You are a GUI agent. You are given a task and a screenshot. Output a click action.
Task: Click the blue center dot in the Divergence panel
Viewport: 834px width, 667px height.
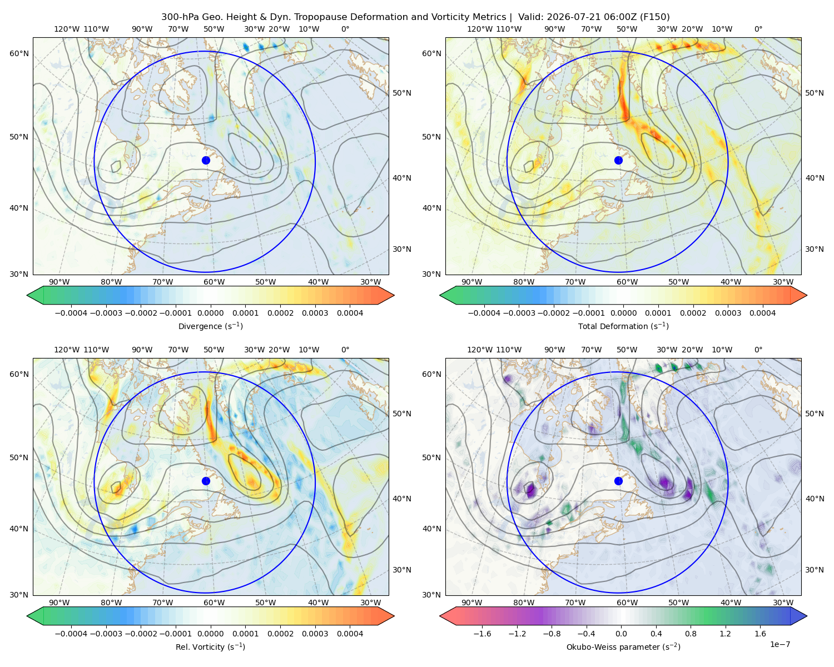(206, 161)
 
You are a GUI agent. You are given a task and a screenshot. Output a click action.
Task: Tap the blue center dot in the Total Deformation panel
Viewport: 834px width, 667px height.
(618, 161)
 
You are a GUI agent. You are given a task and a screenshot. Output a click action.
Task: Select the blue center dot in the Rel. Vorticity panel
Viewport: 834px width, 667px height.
(206, 481)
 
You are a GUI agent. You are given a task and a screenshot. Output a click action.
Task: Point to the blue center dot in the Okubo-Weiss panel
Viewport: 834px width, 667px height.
(618, 481)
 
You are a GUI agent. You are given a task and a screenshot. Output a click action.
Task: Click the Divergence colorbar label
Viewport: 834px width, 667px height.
(210, 326)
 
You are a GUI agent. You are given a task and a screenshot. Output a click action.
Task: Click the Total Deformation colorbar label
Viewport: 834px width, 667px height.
(623, 326)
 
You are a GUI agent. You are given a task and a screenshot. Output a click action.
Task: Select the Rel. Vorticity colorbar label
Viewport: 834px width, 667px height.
(210, 647)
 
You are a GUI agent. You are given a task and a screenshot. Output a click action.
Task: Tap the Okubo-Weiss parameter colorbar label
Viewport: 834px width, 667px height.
(623, 647)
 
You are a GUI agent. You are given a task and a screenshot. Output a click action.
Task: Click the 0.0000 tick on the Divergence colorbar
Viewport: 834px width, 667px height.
(210, 313)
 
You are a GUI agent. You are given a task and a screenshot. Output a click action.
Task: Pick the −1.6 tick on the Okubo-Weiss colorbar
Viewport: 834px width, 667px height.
(483, 634)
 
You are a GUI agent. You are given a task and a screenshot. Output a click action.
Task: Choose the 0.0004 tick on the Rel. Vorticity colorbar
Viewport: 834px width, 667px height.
(350, 634)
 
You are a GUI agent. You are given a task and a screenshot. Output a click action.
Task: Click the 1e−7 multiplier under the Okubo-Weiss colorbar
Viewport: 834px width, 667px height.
(780, 645)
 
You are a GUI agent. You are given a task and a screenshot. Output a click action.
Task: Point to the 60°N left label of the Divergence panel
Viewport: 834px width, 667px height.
(19, 53)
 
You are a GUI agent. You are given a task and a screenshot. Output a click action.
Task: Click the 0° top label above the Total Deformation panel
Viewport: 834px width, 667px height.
(758, 29)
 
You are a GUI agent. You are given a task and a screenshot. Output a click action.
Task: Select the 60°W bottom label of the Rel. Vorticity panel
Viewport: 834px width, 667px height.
(214, 603)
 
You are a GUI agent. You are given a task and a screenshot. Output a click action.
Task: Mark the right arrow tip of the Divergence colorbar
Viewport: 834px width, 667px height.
(394, 295)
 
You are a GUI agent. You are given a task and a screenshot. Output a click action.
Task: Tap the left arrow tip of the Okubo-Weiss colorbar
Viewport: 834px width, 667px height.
(440, 616)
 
